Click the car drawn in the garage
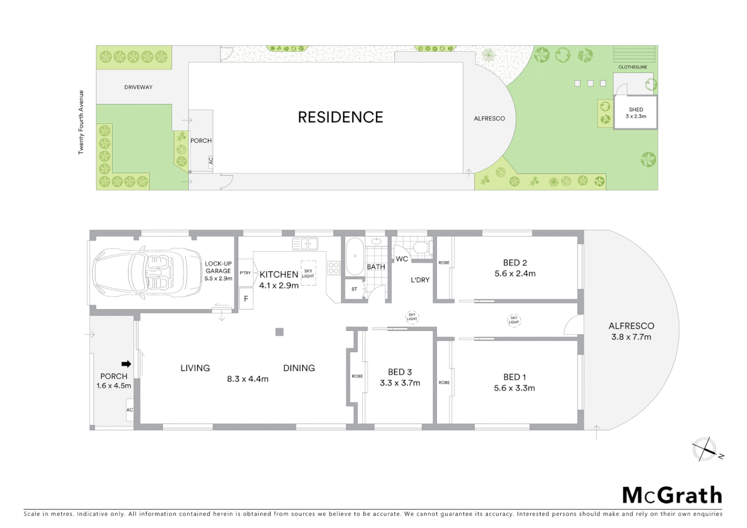(147, 273)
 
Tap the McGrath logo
(672, 495)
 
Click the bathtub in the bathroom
(354, 256)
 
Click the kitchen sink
(305, 243)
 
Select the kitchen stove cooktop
(333, 268)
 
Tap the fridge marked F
(246, 299)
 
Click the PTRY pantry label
(245, 273)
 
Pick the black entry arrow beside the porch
(126, 364)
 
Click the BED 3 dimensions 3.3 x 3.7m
(400, 383)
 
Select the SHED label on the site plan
(636, 110)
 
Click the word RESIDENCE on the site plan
(340, 117)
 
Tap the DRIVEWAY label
(138, 87)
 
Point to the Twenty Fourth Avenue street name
(81, 122)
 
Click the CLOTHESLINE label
(633, 67)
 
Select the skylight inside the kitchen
(308, 273)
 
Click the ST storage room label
(354, 289)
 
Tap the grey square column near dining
(279, 332)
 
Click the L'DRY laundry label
(420, 280)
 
